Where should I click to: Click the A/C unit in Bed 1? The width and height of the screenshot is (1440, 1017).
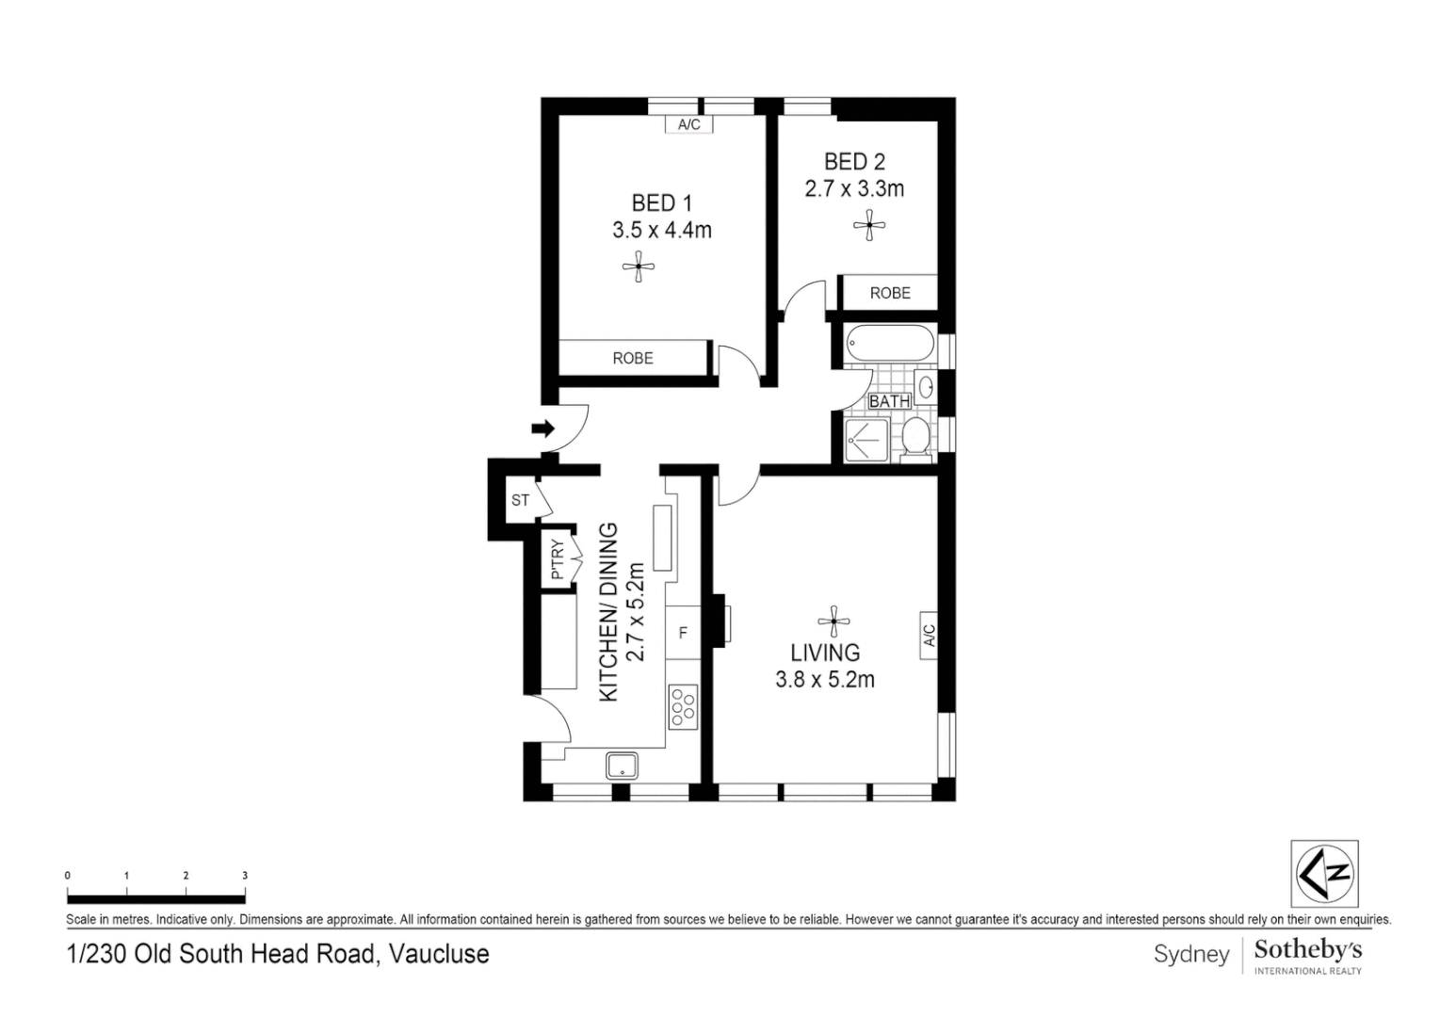pyautogui.click(x=688, y=124)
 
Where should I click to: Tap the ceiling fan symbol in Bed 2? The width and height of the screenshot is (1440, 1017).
pyautogui.click(x=869, y=225)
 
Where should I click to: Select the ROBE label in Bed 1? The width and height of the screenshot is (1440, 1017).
pyautogui.click(x=633, y=358)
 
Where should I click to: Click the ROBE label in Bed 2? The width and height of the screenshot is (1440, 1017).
pyautogui.click(x=890, y=293)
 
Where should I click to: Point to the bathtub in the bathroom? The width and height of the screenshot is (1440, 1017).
pyautogui.click(x=890, y=344)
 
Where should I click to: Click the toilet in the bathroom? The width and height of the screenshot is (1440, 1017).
pyautogui.click(x=914, y=439)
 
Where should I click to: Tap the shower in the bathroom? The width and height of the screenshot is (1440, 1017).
pyautogui.click(x=866, y=441)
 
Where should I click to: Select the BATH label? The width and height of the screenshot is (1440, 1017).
pyautogui.click(x=889, y=401)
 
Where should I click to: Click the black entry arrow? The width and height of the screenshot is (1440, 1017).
pyautogui.click(x=543, y=428)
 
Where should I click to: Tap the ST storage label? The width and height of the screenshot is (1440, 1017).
pyautogui.click(x=520, y=500)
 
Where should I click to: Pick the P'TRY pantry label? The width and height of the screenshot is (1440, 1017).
pyautogui.click(x=558, y=559)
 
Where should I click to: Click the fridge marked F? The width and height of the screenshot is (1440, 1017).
pyautogui.click(x=683, y=633)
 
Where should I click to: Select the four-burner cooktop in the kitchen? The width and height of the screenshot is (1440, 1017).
pyautogui.click(x=683, y=707)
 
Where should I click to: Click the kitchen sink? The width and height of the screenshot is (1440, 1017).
pyautogui.click(x=622, y=766)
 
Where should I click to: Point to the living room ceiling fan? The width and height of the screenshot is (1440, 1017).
pyautogui.click(x=833, y=621)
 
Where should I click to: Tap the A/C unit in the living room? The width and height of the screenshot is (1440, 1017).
pyautogui.click(x=929, y=635)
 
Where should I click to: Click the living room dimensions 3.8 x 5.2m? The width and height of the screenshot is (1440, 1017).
pyautogui.click(x=825, y=680)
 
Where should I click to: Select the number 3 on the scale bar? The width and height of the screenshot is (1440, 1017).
pyautogui.click(x=245, y=876)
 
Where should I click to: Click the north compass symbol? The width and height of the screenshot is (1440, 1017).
pyautogui.click(x=1325, y=874)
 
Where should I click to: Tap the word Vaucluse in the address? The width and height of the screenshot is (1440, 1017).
pyautogui.click(x=439, y=954)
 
